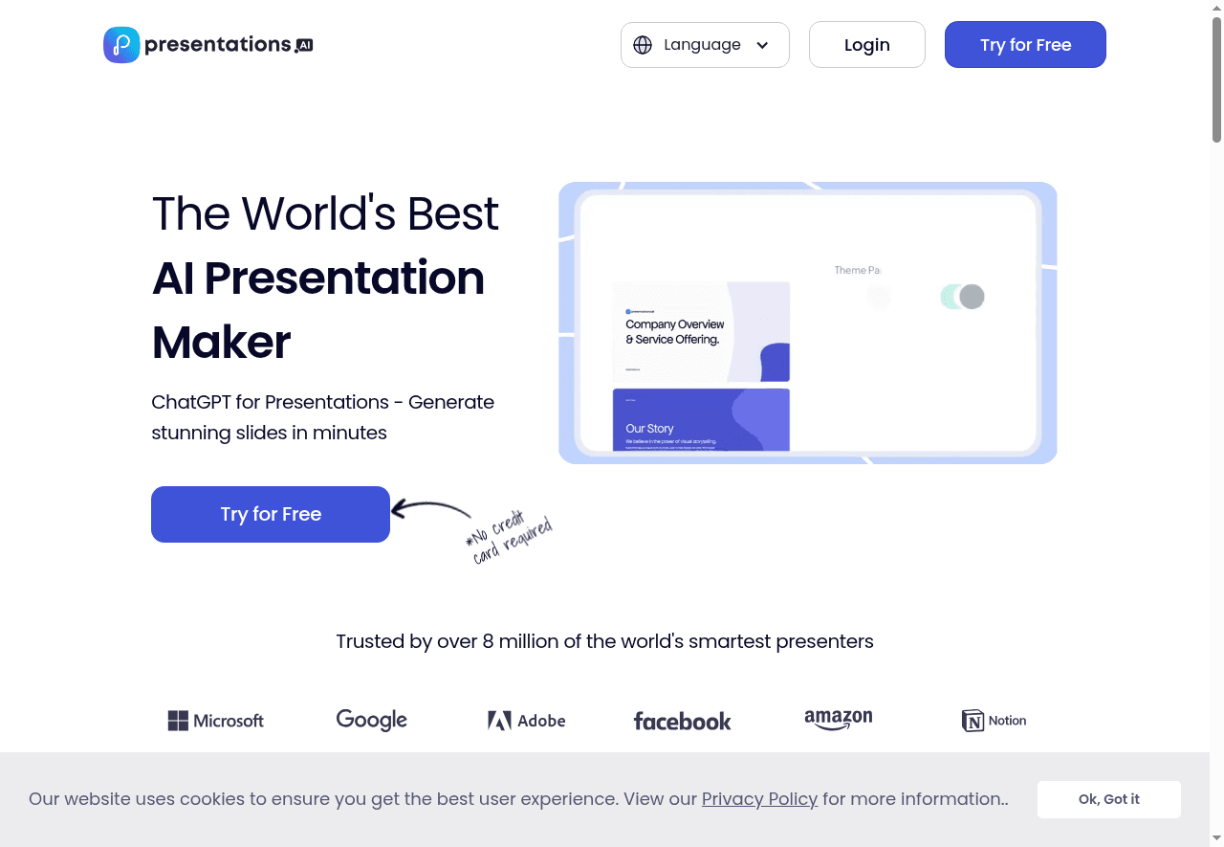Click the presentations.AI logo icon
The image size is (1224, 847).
coord(121,45)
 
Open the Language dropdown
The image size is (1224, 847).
coord(705,45)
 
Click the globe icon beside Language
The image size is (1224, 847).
coord(643,45)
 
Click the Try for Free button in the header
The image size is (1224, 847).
coord(1025,45)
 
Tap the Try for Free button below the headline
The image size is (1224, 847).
coord(271,514)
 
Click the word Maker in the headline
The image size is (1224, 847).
coord(221,342)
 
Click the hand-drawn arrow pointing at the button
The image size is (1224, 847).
coord(430,508)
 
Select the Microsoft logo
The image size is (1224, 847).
coord(216,721)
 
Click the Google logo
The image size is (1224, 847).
coord(372,720)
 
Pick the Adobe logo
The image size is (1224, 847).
coord(527,721)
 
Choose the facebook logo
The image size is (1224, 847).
coord(682,722)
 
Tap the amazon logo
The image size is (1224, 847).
coord(839,720)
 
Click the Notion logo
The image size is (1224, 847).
coord(994,721)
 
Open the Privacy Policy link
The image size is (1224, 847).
coord(759,799)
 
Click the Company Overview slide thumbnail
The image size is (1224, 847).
coord(701,331)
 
